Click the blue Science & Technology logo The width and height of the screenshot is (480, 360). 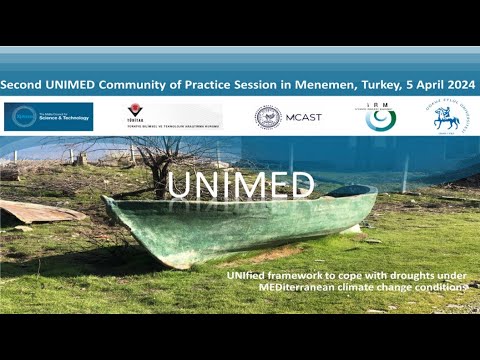pos(48,116)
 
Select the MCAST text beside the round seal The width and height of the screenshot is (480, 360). pos(303,118)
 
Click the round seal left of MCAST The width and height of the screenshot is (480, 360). pos(268,117)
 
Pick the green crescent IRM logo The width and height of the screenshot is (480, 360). pos(380,117)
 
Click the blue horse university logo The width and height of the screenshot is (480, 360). pos(447,117)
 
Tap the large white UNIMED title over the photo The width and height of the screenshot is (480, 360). pos(240,184)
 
